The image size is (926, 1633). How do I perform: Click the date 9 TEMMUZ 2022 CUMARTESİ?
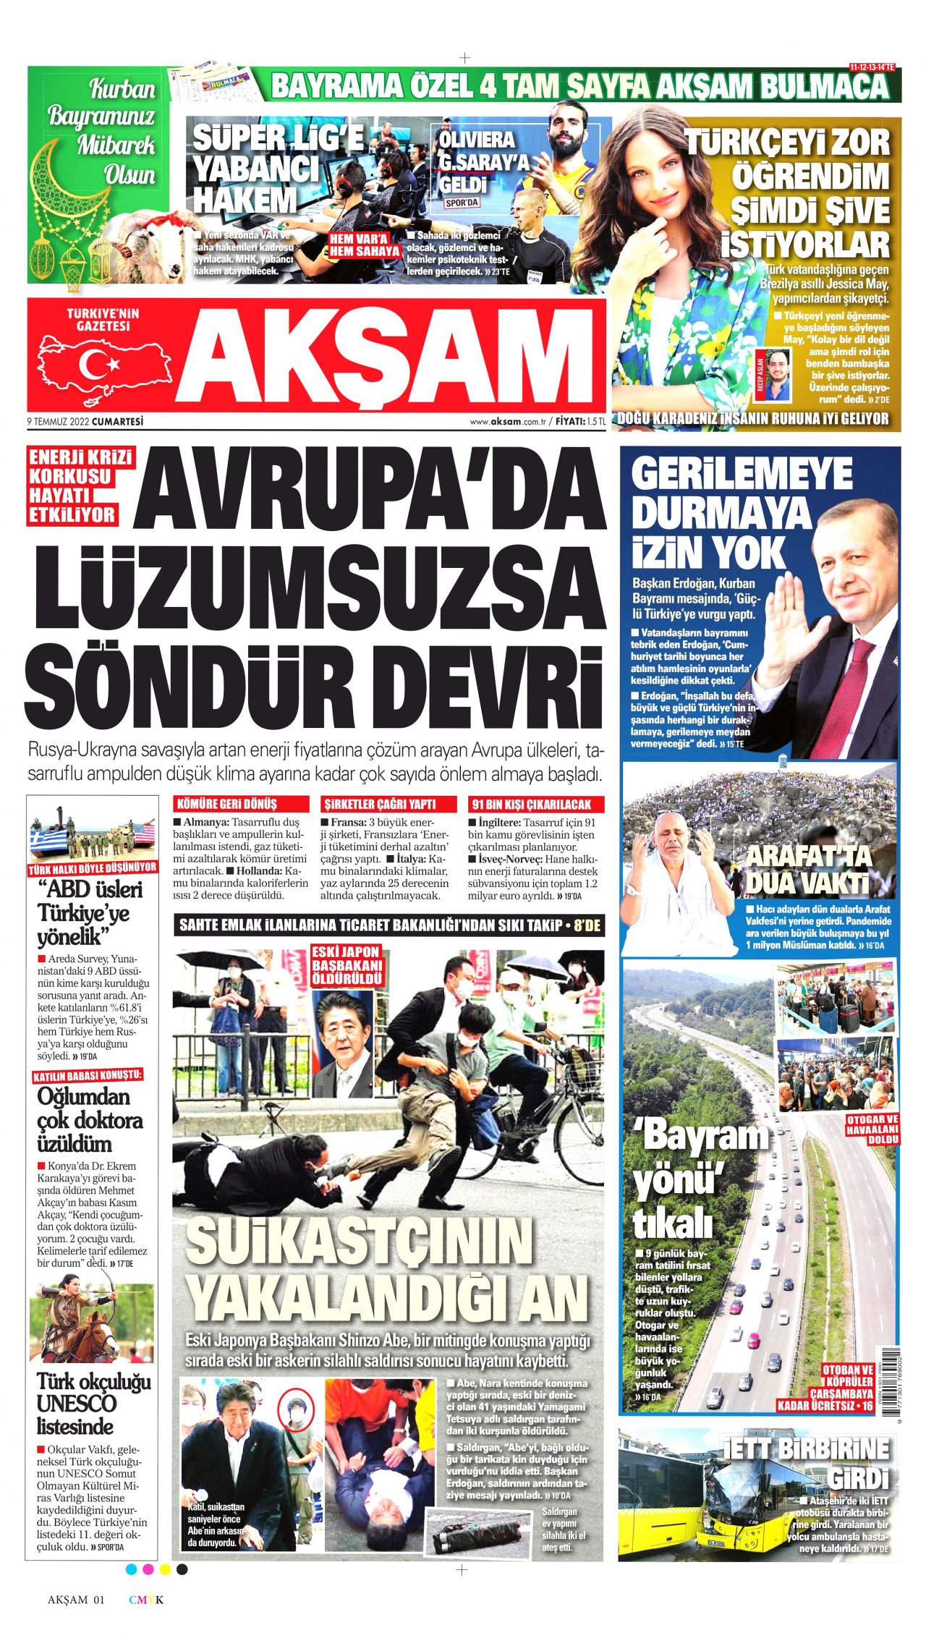tap(85, 421)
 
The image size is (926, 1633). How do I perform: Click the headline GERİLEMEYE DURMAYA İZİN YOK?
tap(738, 514)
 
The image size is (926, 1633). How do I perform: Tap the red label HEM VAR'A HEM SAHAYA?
tap(365, 245)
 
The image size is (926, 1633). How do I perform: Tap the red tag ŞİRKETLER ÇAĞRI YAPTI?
tap(380, 804)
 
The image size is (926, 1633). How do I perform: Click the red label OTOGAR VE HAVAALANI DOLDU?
tap(872, 1129)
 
